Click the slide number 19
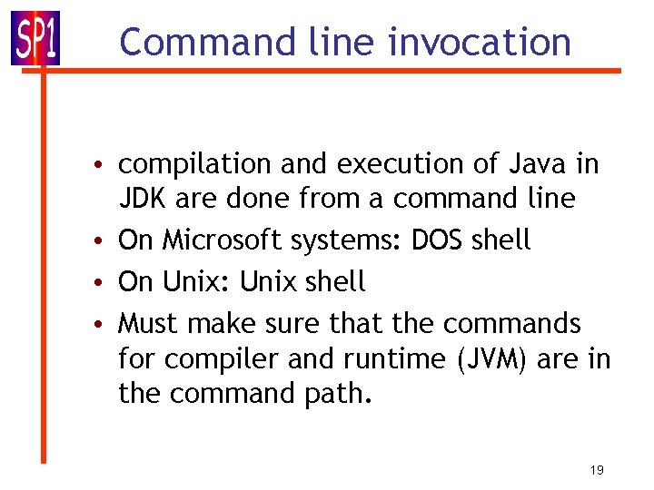(597, 469)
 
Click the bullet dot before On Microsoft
(106, 241)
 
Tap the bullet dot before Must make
(106, 323)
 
